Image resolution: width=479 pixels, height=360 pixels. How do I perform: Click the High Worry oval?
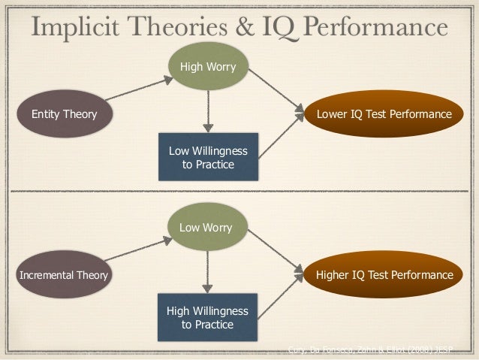208,68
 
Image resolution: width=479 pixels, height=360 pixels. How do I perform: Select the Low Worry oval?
208,227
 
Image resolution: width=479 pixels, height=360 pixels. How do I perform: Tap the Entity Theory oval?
64,114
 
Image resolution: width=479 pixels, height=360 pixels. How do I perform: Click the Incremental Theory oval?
64,275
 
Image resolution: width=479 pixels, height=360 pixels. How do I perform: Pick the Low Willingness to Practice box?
208,157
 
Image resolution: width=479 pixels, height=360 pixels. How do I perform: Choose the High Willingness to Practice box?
208,317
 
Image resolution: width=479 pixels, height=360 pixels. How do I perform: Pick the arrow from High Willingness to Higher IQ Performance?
279,299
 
